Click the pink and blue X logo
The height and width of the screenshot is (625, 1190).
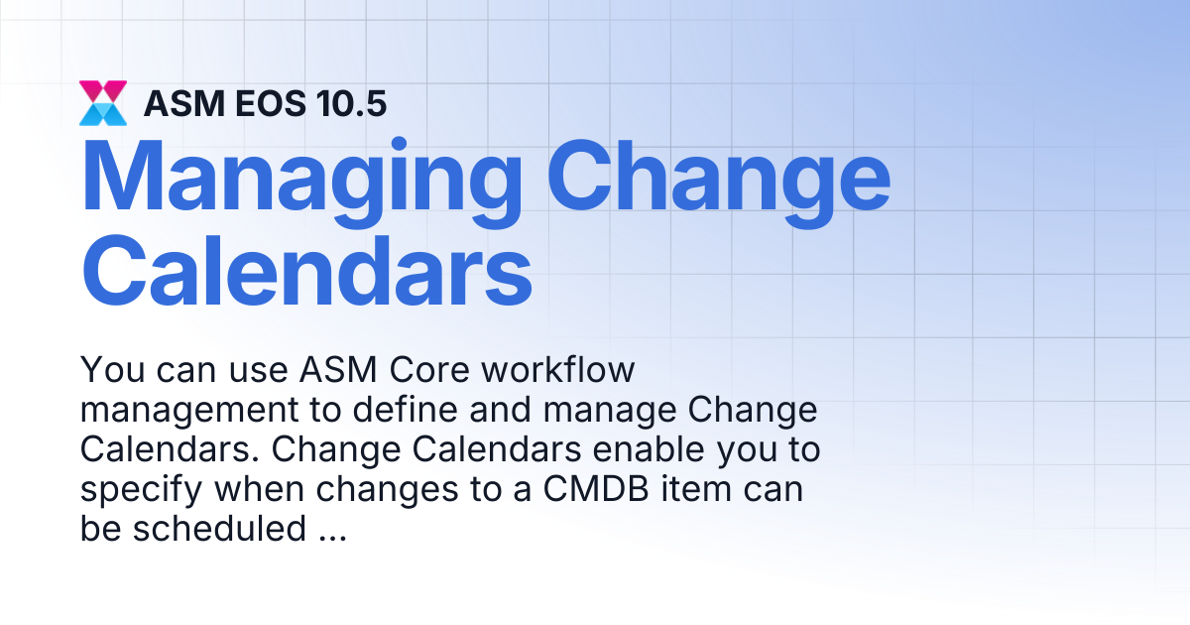click(x=103, y=103)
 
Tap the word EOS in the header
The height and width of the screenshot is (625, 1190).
click(x=271, y=103)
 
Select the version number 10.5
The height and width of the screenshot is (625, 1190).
click(x=351, y=103)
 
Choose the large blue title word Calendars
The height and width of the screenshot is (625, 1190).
click(x=306, y=271)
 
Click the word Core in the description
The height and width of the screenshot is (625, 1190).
click(x=429, y=369)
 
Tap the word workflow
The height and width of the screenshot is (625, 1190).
click(x=557, y=369)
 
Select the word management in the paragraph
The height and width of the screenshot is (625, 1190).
click(x=189, y=411)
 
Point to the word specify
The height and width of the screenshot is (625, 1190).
click(x=141, y=490)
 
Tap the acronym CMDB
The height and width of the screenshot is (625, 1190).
click(x=596, y=489)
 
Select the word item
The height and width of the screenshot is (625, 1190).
click(x=696, y=489)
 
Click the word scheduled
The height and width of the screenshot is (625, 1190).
click(x=219, y=529)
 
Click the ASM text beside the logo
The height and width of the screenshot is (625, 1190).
click(x=184, y=103)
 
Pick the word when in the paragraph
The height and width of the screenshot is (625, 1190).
click(x=259, y=489)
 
